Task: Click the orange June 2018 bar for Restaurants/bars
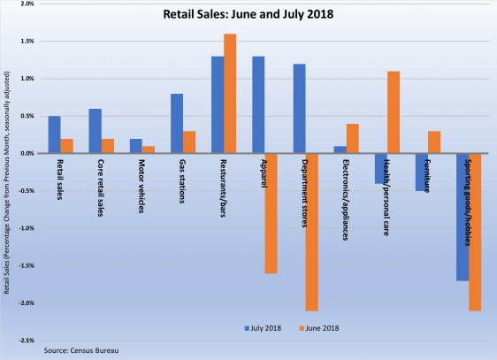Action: point(230,93)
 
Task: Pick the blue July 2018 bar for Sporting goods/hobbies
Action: point(463,217)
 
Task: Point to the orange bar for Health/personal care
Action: point(394,112)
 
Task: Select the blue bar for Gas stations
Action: point(177,123)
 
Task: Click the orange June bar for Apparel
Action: point(271,213)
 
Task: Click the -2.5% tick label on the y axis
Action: point(25,341)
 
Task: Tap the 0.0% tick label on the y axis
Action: point(26,154)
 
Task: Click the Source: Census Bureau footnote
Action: point(81,351)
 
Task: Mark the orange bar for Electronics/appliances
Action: point(354,139)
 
